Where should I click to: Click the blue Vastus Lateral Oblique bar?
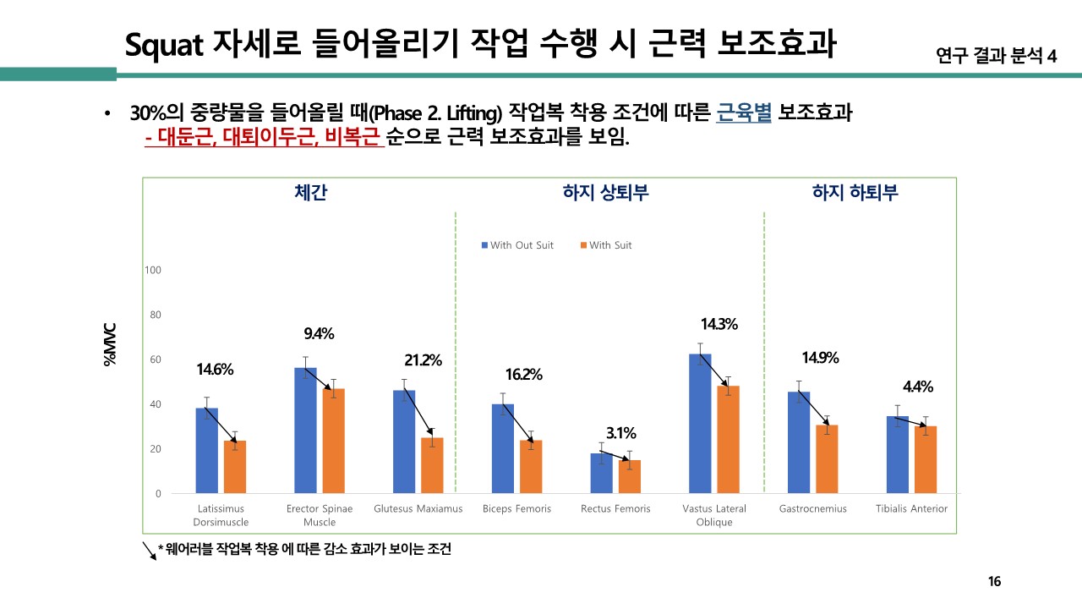pyautogui.click(x=700, y=423)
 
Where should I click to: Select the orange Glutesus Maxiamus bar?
pyautogui.click(x=432, y=465)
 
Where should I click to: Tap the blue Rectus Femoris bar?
pyautogui.click(x=601, y=473)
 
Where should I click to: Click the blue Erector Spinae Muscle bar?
pyautogui.click(x=305, y=431)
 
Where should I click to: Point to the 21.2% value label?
pyautogui.click(x=423, y=360)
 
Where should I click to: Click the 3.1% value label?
pyautogui.click(x=620, y=433)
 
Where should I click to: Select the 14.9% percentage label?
pyautogui.click(x=820, y=358)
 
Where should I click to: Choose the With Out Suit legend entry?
pyautogui.click(x=517, y=245)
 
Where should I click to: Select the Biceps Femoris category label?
pyautogui.click(x=516, y=509)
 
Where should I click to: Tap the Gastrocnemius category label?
pyautogui.click(x=812, y=509)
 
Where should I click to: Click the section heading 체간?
pyautogui.click(x=310, y=193)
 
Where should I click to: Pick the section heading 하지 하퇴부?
pyautogui.click(x=855, y=193)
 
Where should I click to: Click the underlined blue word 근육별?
pyautogui.click(x=744, y=113)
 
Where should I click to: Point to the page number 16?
pyautogui.click(x=994, y=581)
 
